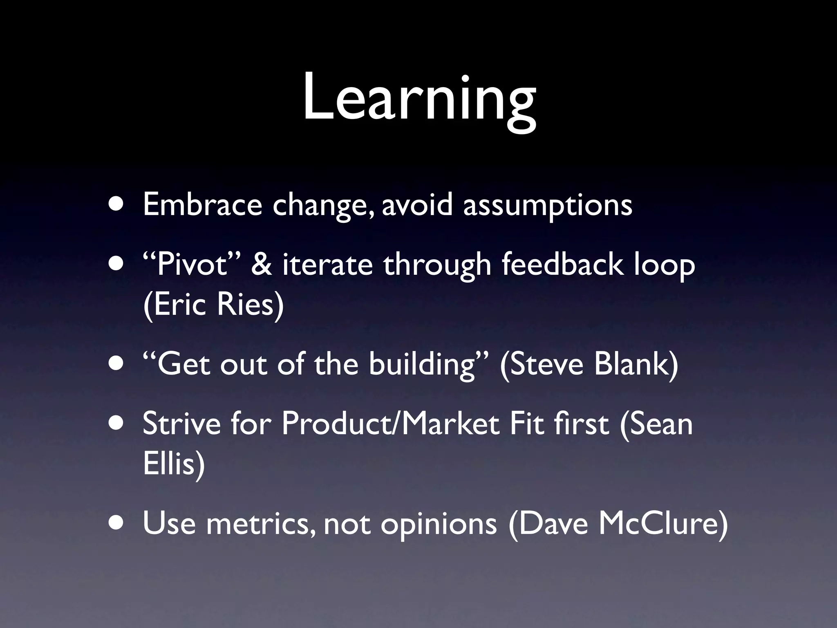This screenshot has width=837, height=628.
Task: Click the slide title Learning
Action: [419, 100]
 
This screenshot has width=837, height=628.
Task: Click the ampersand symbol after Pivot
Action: [260, 265]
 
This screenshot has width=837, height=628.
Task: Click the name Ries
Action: [249, 305]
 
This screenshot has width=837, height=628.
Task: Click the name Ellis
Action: [174, 464]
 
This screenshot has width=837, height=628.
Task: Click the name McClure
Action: [662, 523]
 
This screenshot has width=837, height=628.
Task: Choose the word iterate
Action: [327, 265]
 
